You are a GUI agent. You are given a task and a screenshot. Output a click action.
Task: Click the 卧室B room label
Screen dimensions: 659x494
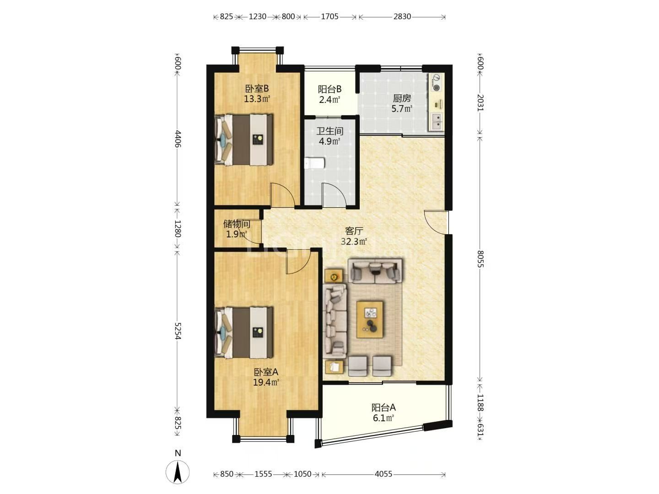coord(257,88)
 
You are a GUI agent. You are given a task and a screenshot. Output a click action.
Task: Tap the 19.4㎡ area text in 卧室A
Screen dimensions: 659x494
coord(266,382)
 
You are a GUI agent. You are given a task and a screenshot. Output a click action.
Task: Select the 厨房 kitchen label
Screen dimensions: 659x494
coord(401,98)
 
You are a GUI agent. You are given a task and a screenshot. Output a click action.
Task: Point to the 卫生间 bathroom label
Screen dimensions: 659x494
coord(329,131)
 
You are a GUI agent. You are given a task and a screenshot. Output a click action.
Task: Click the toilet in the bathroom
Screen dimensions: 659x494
coord(314,164)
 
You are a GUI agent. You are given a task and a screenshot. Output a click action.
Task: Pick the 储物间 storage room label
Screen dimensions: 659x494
coord(237,224)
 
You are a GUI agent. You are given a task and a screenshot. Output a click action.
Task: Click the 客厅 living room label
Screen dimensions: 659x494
coord(354,231)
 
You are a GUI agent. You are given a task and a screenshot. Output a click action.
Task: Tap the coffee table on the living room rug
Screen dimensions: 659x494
coord(370,320)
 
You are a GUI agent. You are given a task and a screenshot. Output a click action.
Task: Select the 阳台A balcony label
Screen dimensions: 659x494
coord(384,408)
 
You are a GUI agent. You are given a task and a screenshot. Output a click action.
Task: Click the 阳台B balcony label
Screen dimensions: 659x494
coord(329,89)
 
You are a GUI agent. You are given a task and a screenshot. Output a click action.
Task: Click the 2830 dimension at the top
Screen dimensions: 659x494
coord(402,16)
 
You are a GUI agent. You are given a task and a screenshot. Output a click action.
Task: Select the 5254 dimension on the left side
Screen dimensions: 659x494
coord(178,331)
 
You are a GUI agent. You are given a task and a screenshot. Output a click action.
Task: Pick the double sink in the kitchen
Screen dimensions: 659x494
coord(436,122)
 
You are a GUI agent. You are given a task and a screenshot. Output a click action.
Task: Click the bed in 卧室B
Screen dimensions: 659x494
coord(244,140)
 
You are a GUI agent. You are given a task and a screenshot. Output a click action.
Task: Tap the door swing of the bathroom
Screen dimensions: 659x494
coord(334,195)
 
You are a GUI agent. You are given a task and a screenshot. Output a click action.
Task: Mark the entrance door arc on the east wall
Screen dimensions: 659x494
coord(436,222)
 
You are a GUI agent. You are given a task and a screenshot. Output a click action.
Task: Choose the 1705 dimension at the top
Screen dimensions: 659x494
coord(329,16)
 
